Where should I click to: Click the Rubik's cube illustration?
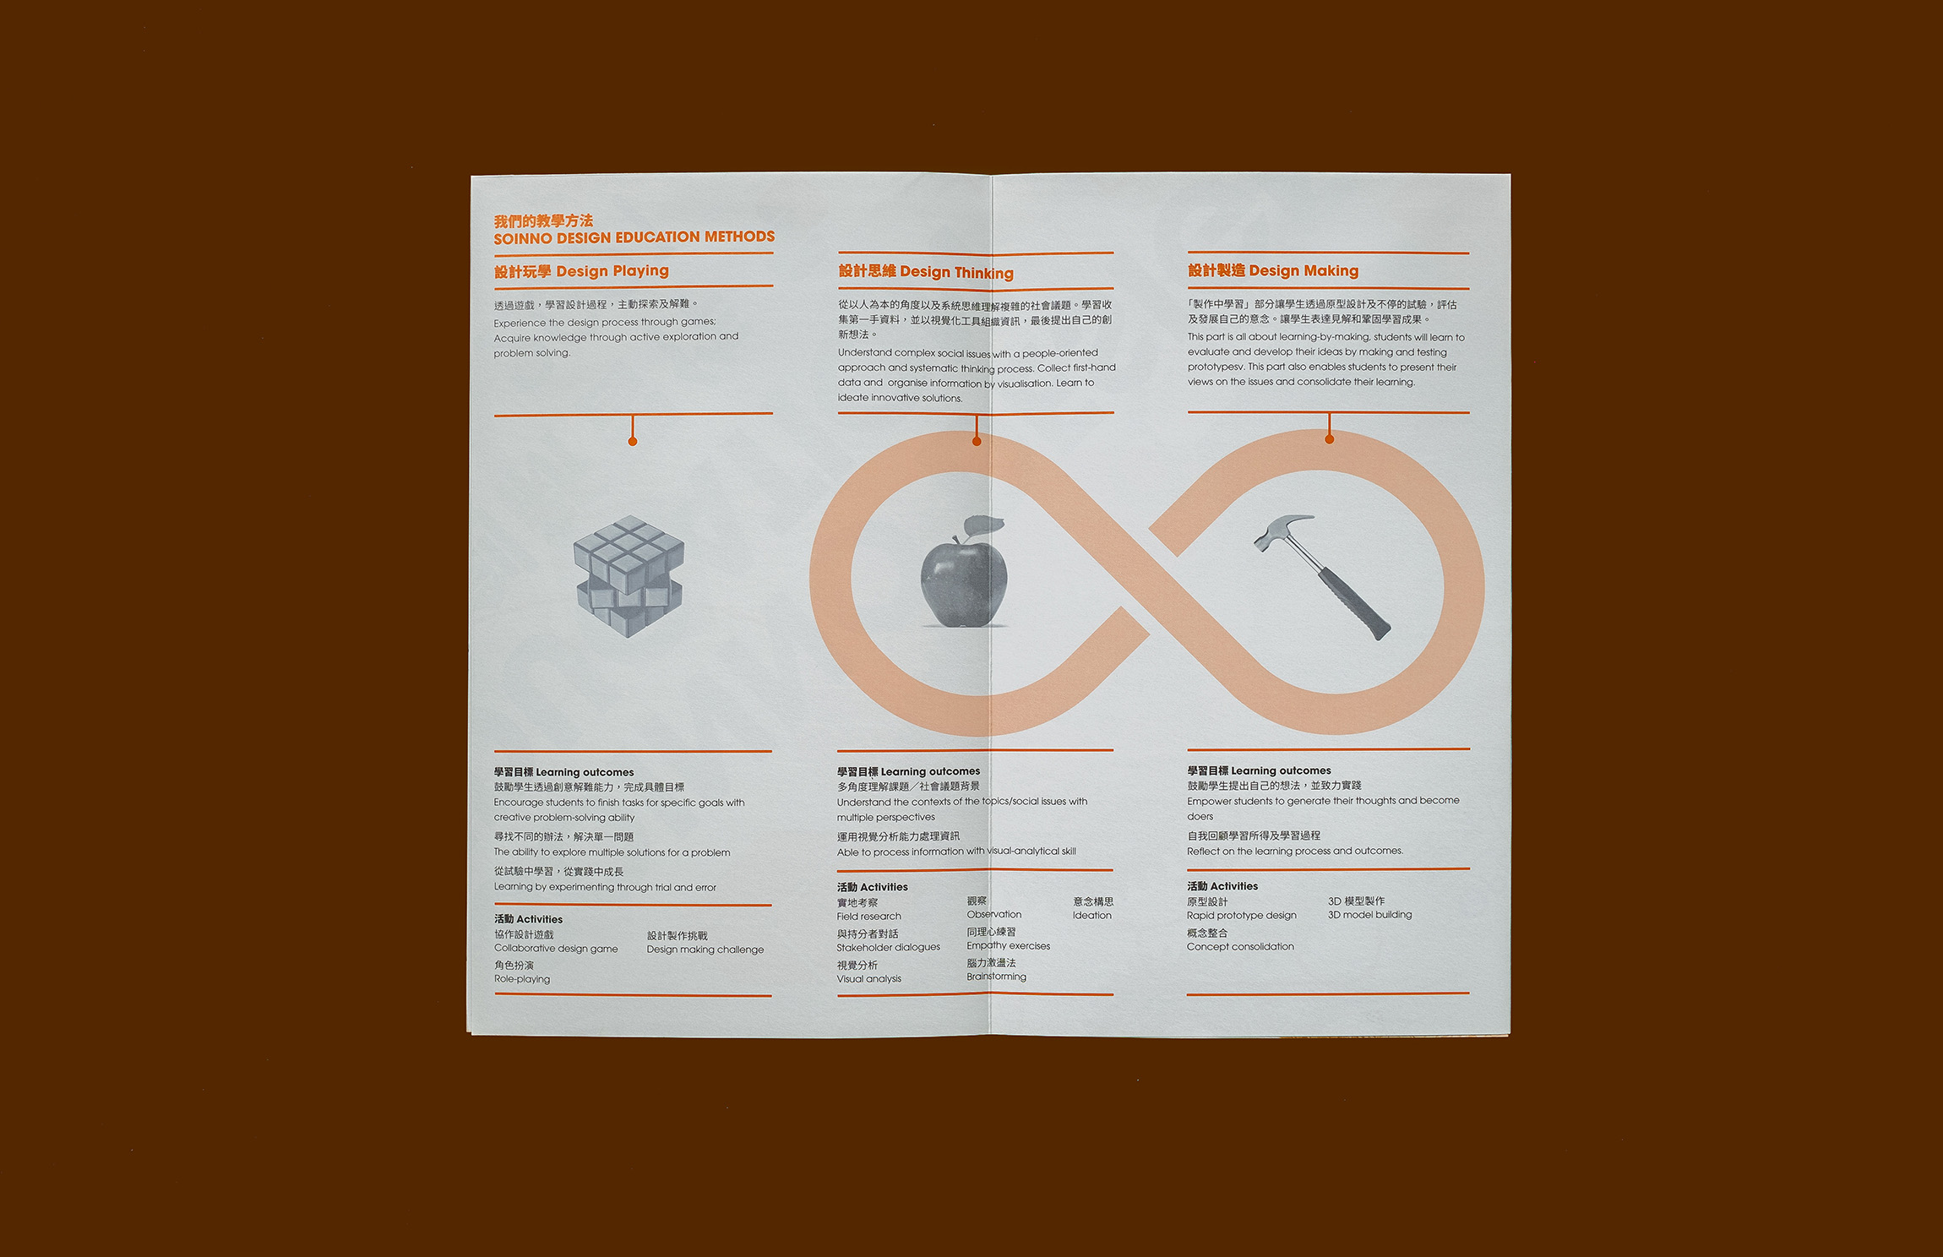pos(629,577)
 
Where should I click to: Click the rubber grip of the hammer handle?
pos(1354,602)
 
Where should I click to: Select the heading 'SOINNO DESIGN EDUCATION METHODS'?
pos(634,237)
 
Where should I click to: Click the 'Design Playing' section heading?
pos(581,271)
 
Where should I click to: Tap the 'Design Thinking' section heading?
pos(926,272)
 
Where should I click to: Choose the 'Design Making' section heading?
pos(1273,270)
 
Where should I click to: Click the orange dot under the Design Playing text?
pos(633,441)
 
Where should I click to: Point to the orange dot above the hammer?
pos(1330,439)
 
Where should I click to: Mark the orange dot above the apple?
pos(977,441)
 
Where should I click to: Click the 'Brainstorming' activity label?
pos(997,977)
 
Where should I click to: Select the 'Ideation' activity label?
pos(1092,915)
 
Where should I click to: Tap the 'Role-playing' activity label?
pos(522,979)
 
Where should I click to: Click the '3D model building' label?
pos(1369,915)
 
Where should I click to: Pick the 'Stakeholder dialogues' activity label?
pos(889,947)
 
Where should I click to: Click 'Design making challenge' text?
pos(705,950)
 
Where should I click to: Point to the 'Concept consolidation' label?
pos(1240,947)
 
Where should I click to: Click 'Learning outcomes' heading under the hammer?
pos(1281,770)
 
